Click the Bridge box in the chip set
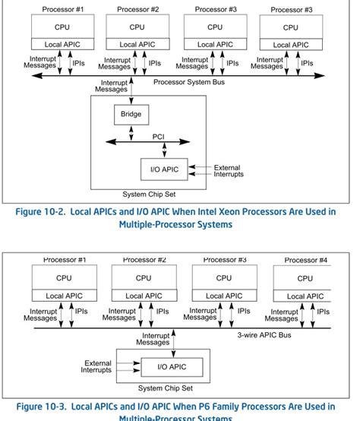pyautogui.click(x=131, y=115)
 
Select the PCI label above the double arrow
pyautogui.click(x=159, y=136)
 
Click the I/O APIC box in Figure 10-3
pyautogui.click(x=172, y=367)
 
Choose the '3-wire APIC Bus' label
pyautogui.click(x=264, y=334)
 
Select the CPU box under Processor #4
pyautogui.click(x=305, y=278)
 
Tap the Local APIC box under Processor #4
pyautogui.click(x=305, y=296)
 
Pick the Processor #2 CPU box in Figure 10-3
pyautogui.click(x=144, y=278)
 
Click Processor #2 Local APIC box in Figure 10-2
pyautogui.click(x=137, y=45)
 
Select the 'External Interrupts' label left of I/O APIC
pyautogui.click(x=97, y=366)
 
